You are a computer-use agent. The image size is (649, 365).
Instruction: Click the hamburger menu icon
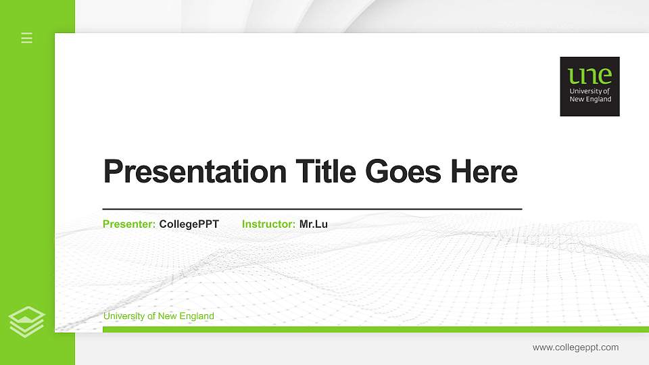coord(27,38)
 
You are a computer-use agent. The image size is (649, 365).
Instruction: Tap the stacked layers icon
coord(27,321)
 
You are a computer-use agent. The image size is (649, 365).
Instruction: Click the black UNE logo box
coord(590,86)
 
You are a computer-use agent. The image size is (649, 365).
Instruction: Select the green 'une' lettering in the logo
coord(590,75)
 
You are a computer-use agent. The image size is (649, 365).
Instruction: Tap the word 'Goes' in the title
coord(404,172)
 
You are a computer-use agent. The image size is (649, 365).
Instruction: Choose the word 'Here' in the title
coord(483,172)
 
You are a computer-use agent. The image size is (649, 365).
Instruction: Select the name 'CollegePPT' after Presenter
coord(189,224)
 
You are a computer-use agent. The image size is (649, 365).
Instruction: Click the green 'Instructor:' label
coord(268,224)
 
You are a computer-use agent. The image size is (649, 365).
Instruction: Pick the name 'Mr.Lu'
coord(313,224)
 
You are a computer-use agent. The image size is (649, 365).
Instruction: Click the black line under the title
coord(312,209)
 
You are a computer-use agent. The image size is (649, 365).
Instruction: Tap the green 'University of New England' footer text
coord(158,316)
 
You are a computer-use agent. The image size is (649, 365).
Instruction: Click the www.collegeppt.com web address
coord(575,347)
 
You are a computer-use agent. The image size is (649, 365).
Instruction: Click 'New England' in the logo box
coord(590,99)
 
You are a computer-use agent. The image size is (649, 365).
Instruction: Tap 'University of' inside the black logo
coord(590,91)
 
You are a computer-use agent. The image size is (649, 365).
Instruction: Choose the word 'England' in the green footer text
coord(197,316)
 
